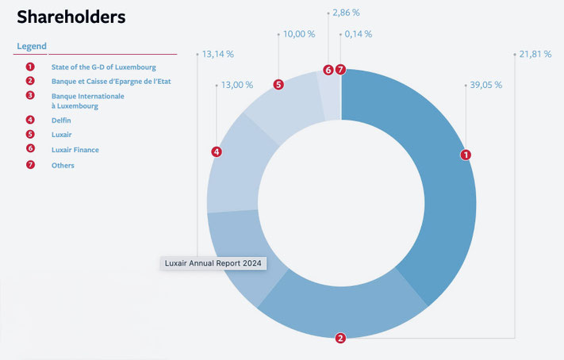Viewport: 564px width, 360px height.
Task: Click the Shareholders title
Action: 71,17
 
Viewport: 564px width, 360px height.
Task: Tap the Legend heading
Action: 32,46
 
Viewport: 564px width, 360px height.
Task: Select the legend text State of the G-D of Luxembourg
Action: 104,67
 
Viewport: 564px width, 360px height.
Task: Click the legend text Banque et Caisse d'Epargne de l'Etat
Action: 111,82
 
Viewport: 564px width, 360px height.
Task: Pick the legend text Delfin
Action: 61,120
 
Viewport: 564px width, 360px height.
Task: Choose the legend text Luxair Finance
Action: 75,150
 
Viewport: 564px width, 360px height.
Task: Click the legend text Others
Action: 63,166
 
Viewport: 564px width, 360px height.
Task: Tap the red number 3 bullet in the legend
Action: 30,95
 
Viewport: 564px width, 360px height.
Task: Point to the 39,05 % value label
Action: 486,85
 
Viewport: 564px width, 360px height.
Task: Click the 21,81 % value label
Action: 535,54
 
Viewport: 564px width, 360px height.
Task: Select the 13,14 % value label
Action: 218,54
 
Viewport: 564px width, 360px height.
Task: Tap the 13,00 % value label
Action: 237,85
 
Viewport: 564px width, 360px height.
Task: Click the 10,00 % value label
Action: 299,34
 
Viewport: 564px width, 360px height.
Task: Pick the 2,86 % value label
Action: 346,13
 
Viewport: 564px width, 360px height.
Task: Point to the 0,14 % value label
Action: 359,34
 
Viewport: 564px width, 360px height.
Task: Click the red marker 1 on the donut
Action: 466,155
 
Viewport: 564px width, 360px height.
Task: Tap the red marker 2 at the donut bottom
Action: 340,338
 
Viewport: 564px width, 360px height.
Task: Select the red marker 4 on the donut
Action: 217,151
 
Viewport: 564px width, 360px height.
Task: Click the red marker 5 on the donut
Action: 278,85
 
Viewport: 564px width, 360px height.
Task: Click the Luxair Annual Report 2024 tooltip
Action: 213,263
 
